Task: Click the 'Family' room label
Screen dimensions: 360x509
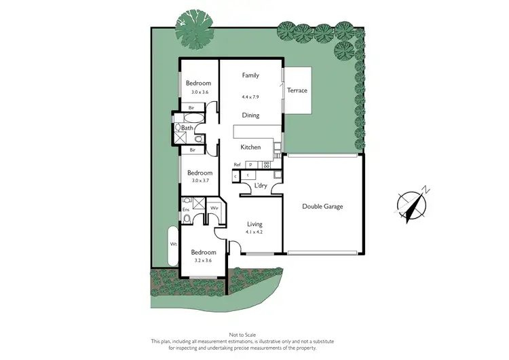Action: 251,75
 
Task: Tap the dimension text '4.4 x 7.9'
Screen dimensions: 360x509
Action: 251,97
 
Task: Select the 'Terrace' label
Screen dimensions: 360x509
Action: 297,90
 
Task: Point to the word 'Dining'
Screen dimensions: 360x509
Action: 251,115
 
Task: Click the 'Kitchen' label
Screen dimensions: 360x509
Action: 251,147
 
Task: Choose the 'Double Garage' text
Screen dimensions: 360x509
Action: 322,206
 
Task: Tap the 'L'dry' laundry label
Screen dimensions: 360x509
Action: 260,185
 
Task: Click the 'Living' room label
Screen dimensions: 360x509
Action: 254,223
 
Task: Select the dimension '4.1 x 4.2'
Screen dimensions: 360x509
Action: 254,232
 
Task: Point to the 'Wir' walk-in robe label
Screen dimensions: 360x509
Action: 213,207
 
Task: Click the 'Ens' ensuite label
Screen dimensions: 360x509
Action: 186,210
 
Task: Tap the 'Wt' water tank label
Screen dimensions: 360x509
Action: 174,244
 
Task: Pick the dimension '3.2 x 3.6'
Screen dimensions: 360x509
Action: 203,260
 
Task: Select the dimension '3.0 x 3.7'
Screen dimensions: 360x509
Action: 200,181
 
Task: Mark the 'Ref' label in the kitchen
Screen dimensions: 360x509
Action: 238,165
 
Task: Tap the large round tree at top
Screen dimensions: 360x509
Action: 194,29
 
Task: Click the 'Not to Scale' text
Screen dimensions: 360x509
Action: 254,335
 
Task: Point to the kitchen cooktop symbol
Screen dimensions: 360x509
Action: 267,164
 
